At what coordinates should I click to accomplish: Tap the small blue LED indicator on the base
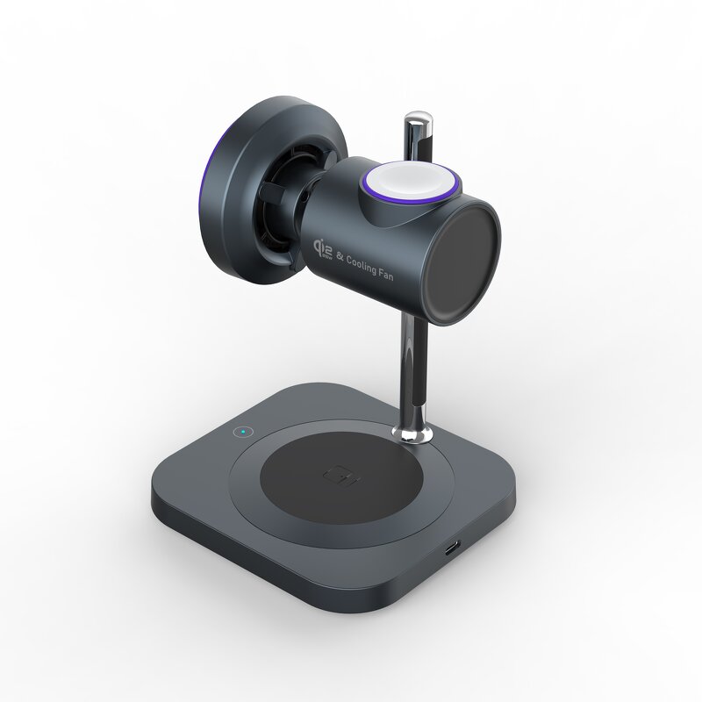tap(238, 431)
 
